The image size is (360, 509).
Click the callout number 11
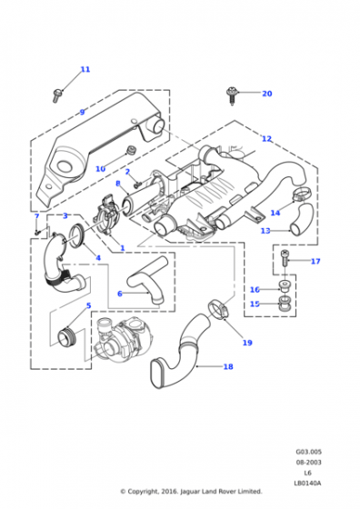coord(85,69)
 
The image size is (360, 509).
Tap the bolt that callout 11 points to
coord(57,95)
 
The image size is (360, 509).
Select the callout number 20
coord(267,94)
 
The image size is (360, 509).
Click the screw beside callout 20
coord(232,95)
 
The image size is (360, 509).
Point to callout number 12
coord(266,138)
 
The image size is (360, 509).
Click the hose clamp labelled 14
coord(301,194)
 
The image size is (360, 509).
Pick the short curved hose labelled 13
coord(302,219)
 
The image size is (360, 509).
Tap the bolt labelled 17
coord(285,258)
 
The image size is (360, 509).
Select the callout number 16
coord(255,290)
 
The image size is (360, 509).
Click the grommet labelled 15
coord(285,304)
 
